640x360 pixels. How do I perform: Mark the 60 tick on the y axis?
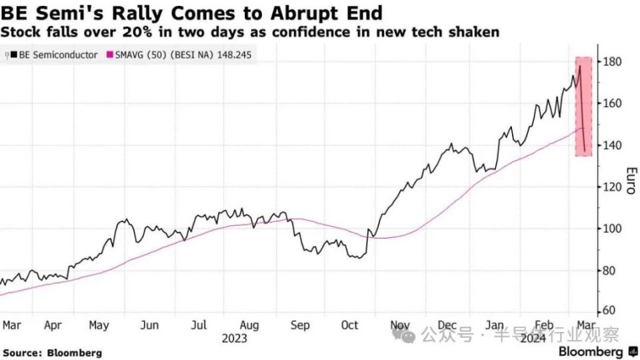[x=608, y=311]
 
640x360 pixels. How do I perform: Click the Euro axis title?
[x=628, y=181]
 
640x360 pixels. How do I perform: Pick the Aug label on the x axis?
[x=249, y=325]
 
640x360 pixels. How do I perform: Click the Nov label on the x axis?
[x=400, y=325]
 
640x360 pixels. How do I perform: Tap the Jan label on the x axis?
[x=495, y=325]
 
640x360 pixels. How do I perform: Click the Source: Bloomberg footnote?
[x=53, y=353]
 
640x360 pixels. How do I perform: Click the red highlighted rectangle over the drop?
[x=583, y=107]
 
